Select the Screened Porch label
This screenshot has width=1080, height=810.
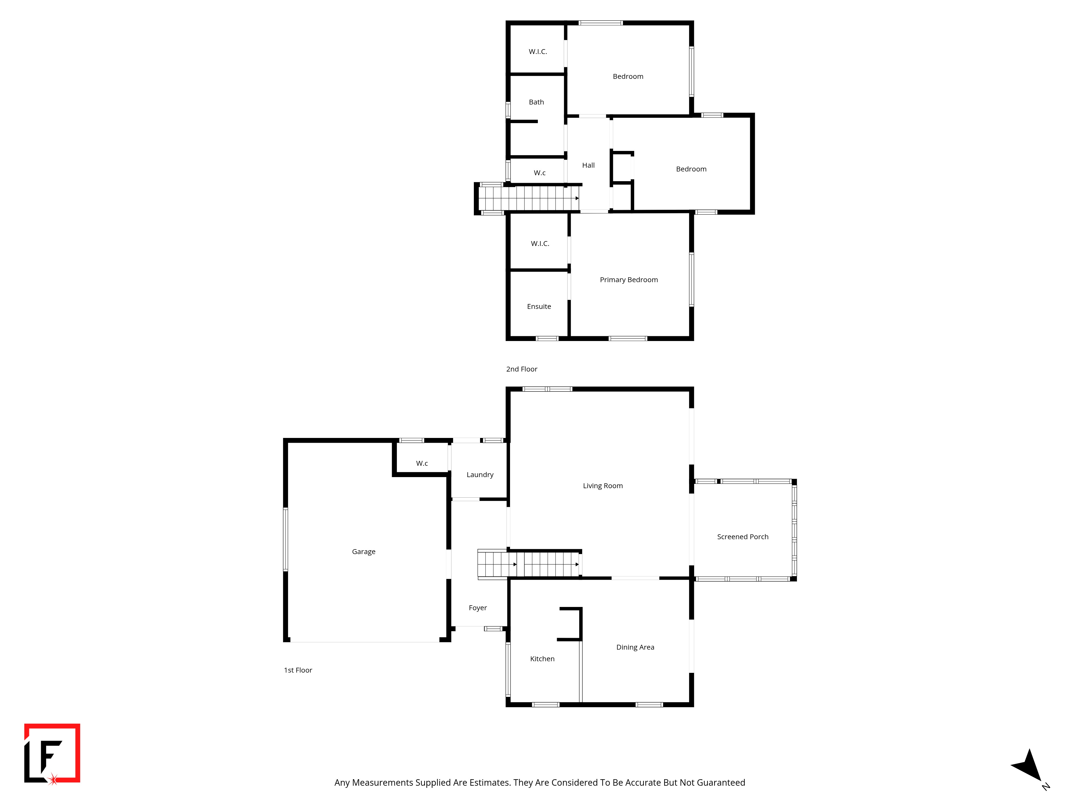[742, 536]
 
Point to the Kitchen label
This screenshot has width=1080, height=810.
[542, 659]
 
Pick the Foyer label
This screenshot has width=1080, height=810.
[478, 608]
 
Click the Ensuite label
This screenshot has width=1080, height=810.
[539, 307]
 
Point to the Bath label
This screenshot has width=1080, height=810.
[536, 102]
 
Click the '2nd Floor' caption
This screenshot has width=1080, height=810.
[521, 369]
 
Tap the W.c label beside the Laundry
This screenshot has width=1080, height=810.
[422, 463]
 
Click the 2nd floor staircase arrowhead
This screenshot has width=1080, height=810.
[577, 198]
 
